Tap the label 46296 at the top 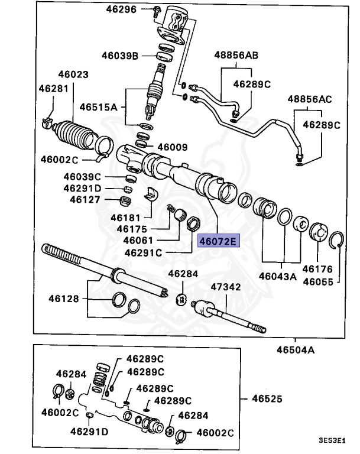(122, 10)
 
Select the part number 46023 (73, 75)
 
